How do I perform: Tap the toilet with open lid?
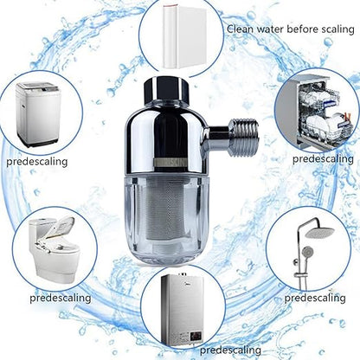click(55, 249)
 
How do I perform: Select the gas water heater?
click(183, 310)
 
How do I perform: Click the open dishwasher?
click(318, 112)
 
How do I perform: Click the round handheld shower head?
click(307, 252)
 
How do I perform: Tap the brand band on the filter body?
click(170, 163)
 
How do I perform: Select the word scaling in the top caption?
click(336, 29)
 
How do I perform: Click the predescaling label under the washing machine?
click(37, 162)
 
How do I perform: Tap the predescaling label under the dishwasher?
click(323, 159)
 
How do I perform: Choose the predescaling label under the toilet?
click(61, 298)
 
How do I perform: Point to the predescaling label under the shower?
click(315, 298)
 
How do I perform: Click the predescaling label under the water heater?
click(230, 350)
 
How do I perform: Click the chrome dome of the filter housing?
click(165, 137)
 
